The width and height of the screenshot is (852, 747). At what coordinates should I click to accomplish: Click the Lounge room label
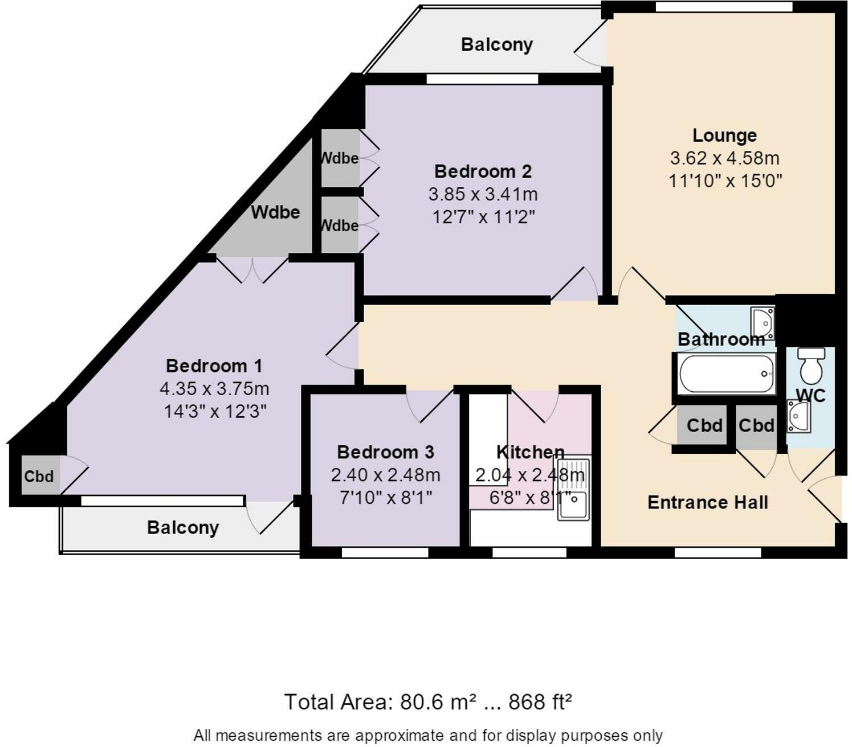pyautogui.click(x=724, y=136)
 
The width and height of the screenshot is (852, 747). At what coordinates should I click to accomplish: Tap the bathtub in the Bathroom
pyautogui.click(x=725, y=373)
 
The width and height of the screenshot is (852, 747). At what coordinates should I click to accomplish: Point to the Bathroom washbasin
pyautogui.click(x=762, y=322)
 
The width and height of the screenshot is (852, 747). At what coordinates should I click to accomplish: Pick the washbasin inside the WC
pyautogui.click(x=798, y=416)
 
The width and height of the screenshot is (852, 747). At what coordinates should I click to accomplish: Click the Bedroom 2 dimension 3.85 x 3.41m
pyautogui.click(x=483, y=194)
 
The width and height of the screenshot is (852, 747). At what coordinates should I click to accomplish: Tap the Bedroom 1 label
pyautogui.click(x=214, y=366)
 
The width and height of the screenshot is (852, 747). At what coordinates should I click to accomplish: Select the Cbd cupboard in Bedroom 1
pyautogui.click(x=39, y=476)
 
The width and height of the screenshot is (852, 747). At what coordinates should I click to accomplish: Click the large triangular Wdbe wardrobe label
pyautogui.click(x=275, y=212)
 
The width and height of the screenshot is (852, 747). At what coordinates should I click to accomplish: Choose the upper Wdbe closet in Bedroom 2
pyautogui.click(x=340, y=158)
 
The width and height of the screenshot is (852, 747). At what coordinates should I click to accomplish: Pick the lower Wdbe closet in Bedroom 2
pyautogui.click(x=340, y=225)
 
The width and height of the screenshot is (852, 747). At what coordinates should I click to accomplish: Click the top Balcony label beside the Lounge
pyautogui.click(x=496, y=44)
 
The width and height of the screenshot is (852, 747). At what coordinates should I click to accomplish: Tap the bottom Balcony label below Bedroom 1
pyautogui.click(x=182, y=528)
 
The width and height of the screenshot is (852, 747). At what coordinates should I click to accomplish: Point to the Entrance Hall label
pyautogui.click(x=707, y=502)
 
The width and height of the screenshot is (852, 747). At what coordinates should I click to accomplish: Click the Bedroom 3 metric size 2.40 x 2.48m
pyautogui.click(x=385, y=475)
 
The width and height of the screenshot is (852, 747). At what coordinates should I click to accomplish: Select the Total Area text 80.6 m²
pyautogui.click(x=427, y=702)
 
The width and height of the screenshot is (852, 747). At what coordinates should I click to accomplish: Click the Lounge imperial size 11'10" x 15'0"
pyautogui.click(x=725, y=181)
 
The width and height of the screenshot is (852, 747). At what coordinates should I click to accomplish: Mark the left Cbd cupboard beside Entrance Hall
pyautogui.click(x=704, y=425)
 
